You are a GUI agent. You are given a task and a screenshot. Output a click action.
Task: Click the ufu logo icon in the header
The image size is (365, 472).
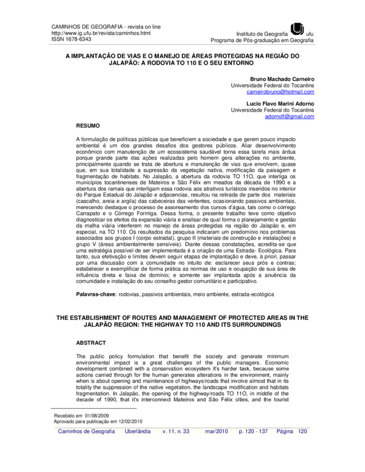coord(298,29)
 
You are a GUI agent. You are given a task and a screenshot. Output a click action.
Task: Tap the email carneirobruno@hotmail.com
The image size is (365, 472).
coord(281,92)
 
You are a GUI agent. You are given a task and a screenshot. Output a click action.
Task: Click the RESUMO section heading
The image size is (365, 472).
coord(90,126)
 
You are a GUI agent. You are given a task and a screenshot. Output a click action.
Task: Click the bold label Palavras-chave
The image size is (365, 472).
coord(96,293)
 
